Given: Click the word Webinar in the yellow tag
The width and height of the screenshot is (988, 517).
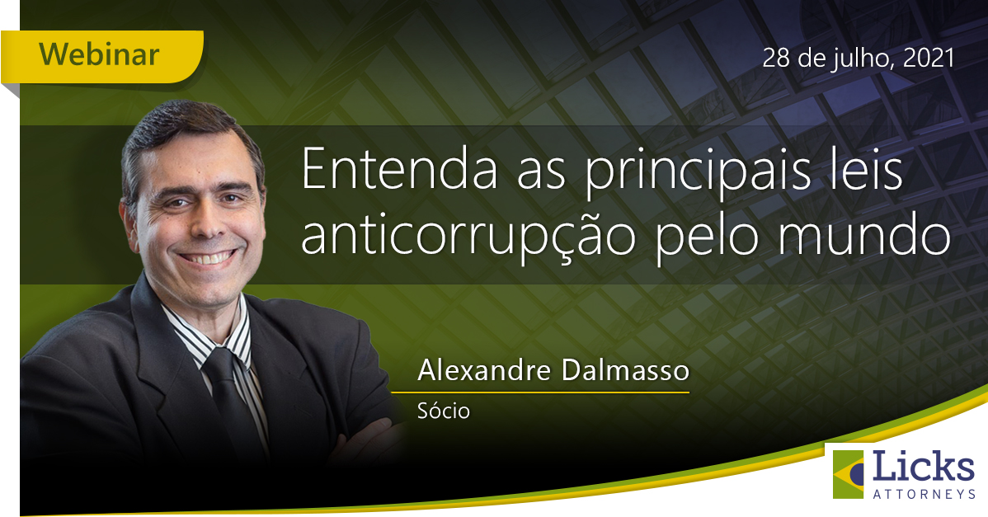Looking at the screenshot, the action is click(x=99, y=54).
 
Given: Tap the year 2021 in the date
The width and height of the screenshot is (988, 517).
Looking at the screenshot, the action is click(x=929, y=58).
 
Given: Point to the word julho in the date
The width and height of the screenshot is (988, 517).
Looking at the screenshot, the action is click(x=860, y=59).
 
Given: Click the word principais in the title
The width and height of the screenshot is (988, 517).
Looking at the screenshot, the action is click(x=697, y=174).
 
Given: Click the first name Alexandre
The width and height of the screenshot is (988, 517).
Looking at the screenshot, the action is click(x=484, y=370).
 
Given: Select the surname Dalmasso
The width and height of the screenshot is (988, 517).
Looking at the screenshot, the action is click(x=625, y=370).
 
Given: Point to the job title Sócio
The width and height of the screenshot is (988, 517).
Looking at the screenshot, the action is click(x=444, y=411).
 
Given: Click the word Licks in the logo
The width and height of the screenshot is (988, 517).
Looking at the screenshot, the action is click(x=924, y=468).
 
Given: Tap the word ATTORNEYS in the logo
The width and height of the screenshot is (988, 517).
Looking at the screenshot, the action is click(x=924, y=495).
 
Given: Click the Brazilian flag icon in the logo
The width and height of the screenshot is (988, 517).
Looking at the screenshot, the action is click(x=849, y=474).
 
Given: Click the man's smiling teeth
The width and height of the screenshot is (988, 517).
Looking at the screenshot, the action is click(x=207, y=257).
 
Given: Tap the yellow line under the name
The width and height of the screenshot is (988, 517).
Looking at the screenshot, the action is click(x=540, y=392).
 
